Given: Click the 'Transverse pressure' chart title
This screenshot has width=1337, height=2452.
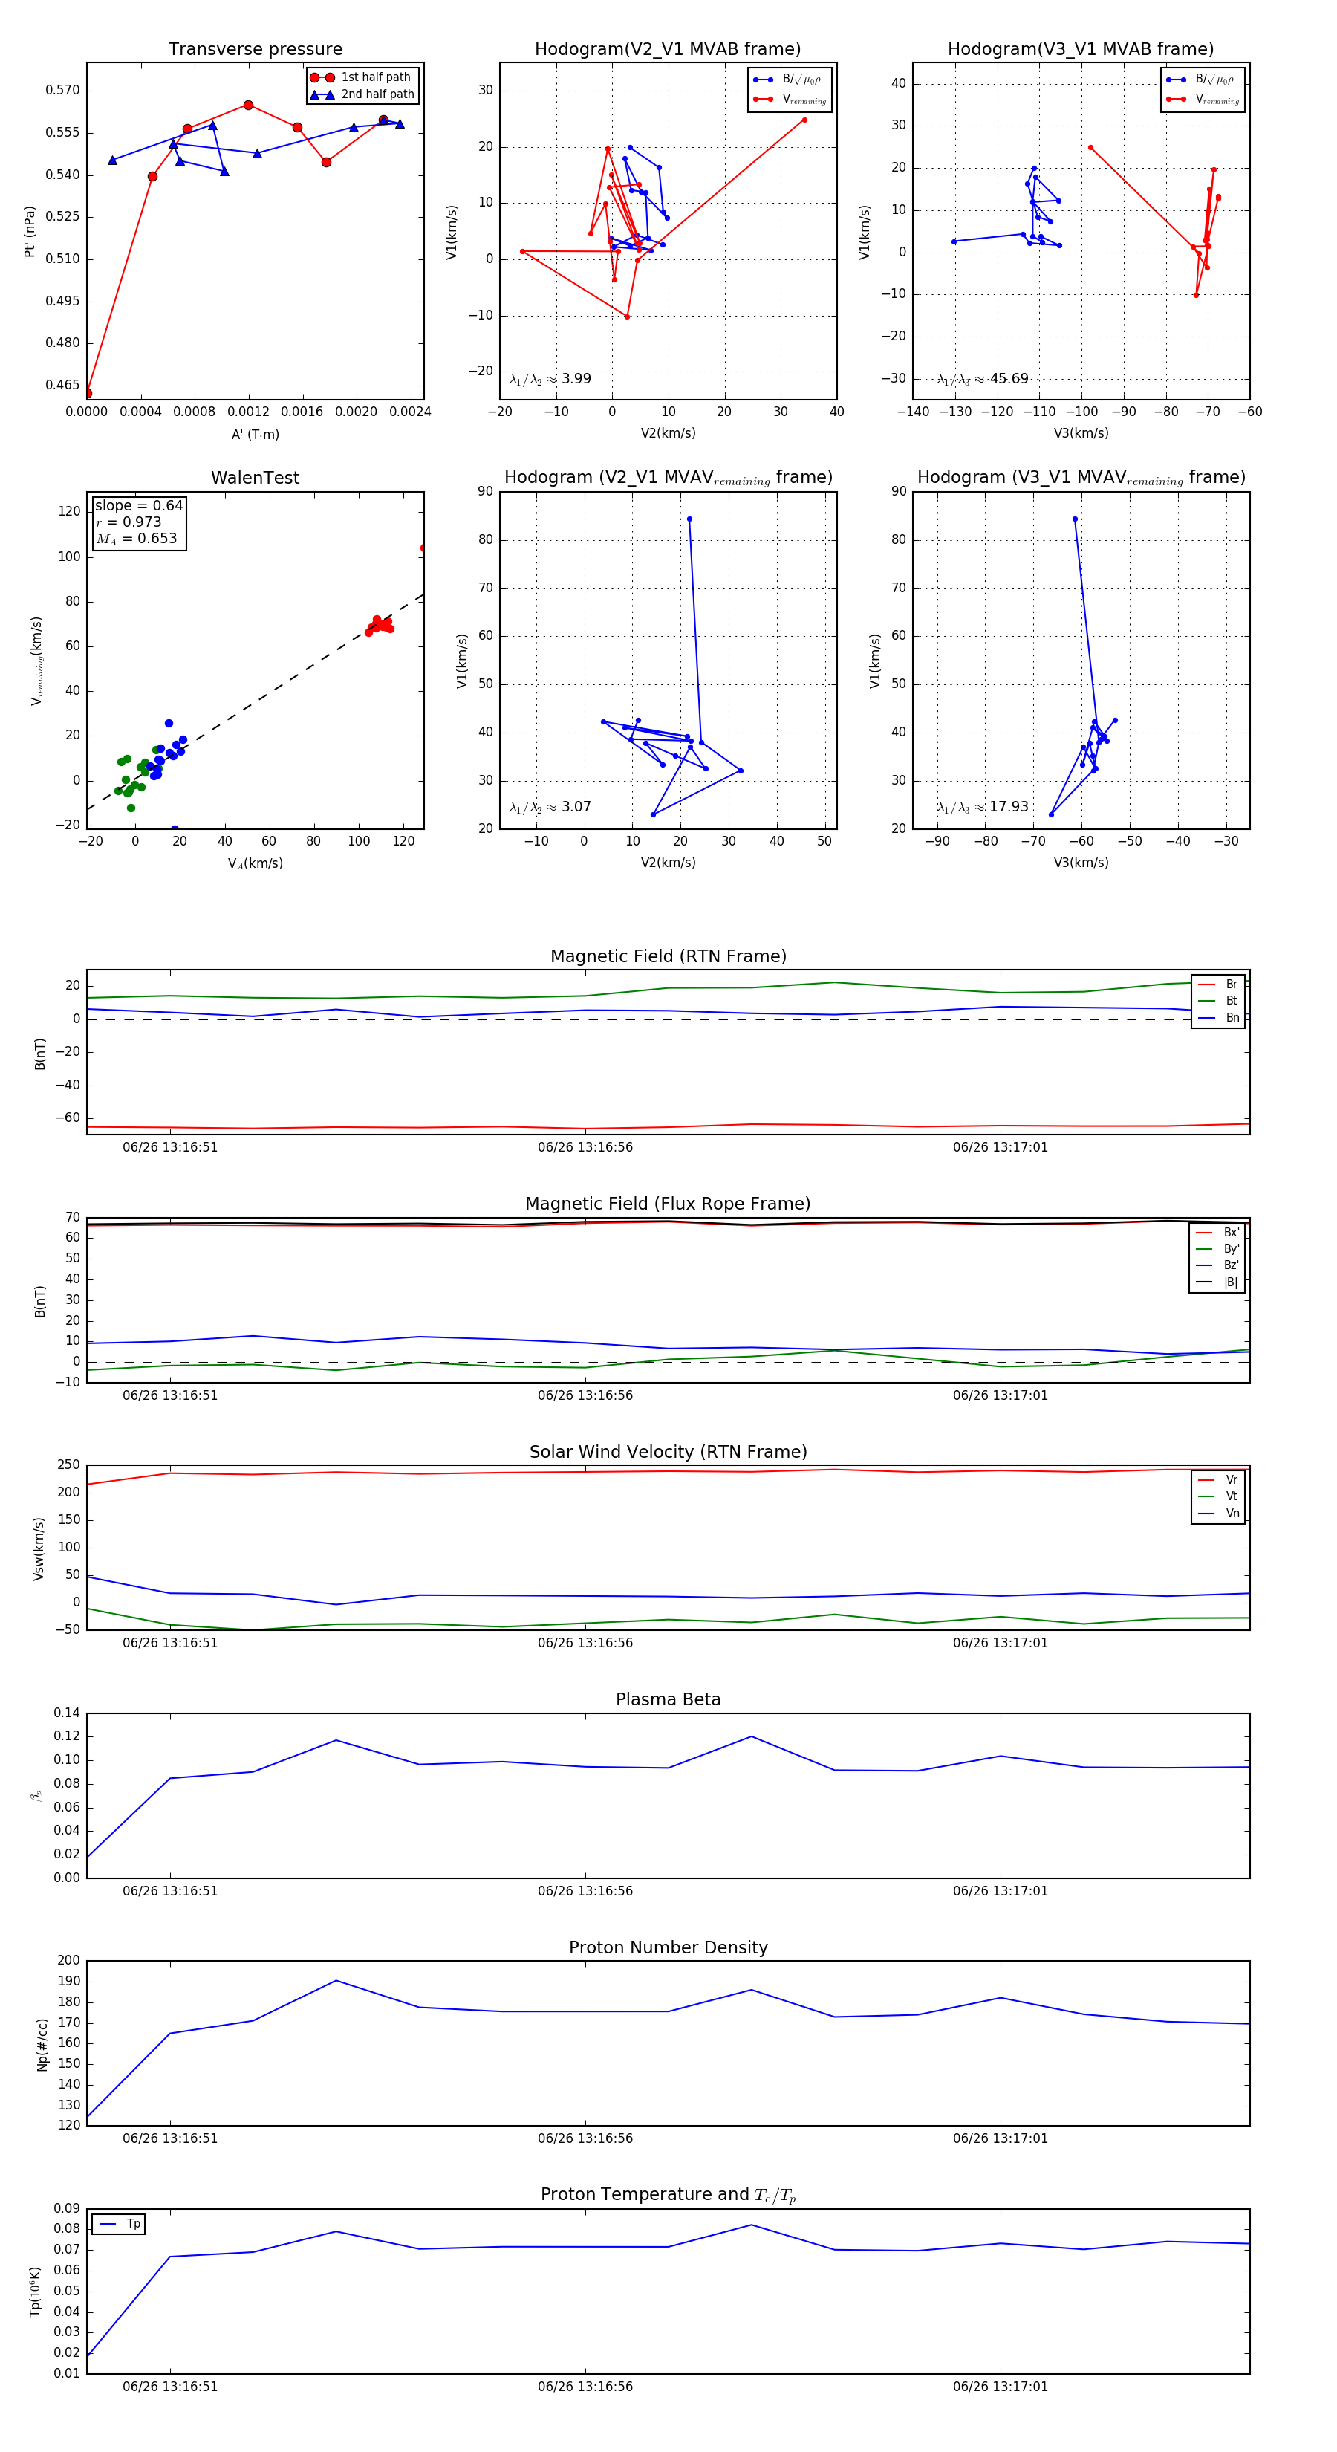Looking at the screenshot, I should coord(255,50).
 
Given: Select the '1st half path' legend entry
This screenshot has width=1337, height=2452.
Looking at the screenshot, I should coord(375,77).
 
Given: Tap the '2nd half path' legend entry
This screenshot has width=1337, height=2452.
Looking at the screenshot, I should coord(377,94).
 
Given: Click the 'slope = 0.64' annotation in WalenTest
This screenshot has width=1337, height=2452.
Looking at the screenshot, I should coord(138,505).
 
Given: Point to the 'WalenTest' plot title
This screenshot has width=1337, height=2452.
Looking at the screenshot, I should coord(255,478).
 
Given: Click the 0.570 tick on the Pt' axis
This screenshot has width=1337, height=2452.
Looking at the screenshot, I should coord(63,91).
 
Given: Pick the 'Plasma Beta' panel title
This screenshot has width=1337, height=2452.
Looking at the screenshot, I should coord(668,1699).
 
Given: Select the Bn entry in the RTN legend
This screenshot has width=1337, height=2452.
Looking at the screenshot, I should coord(1232,1017).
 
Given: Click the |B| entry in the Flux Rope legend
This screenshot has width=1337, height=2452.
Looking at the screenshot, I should coord(1231,1282).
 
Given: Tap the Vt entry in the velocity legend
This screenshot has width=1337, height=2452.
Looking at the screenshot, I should coord(1232,1496).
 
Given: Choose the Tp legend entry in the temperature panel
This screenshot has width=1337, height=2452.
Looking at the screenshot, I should coord(133,2224).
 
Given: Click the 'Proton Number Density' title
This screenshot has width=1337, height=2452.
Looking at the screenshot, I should coord(668,1947).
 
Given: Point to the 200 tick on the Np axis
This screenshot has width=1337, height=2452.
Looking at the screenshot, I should coord(68,1960).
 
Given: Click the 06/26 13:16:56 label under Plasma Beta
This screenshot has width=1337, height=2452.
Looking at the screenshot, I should coord(585,1890).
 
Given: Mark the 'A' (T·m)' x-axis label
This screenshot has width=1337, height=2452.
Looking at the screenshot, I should coord(255,434).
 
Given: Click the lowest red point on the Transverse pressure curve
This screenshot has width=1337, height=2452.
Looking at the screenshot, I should coord(88,393).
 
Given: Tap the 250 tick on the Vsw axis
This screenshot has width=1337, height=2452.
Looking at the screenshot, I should coord(68,1465).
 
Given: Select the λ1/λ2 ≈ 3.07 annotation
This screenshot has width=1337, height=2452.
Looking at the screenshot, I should coord(550,807).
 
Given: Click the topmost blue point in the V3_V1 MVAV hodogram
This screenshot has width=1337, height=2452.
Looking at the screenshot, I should coord(1076,519).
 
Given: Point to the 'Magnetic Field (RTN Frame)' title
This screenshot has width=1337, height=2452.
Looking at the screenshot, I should coord(668,956).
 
